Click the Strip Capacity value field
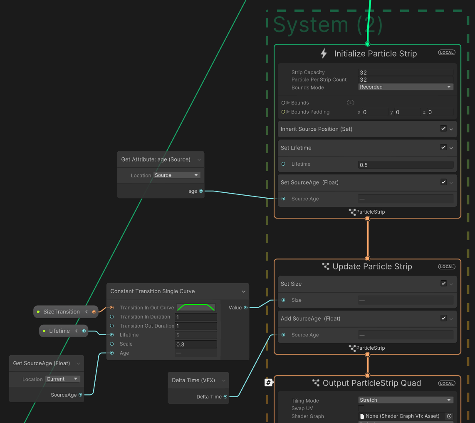point(406,72)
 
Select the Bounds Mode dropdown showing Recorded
point(406,87)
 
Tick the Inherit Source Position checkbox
point(443,129)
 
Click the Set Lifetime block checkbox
point(443,147)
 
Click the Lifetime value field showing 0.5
point(406,165)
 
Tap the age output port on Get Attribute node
point(201,191)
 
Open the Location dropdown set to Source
point(177,175)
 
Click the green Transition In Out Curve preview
point(196,308)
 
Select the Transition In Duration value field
point(196,317)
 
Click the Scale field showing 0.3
point(196,344)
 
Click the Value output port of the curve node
point(246,308)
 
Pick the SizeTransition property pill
point(62,312)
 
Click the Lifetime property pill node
point(59,331)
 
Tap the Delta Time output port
point(225,397)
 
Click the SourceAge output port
point(80,395)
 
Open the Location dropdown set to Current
point(62,379)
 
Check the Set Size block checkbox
point(443,284)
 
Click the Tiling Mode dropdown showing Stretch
point(406,400)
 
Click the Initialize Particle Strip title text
point(375,54)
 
